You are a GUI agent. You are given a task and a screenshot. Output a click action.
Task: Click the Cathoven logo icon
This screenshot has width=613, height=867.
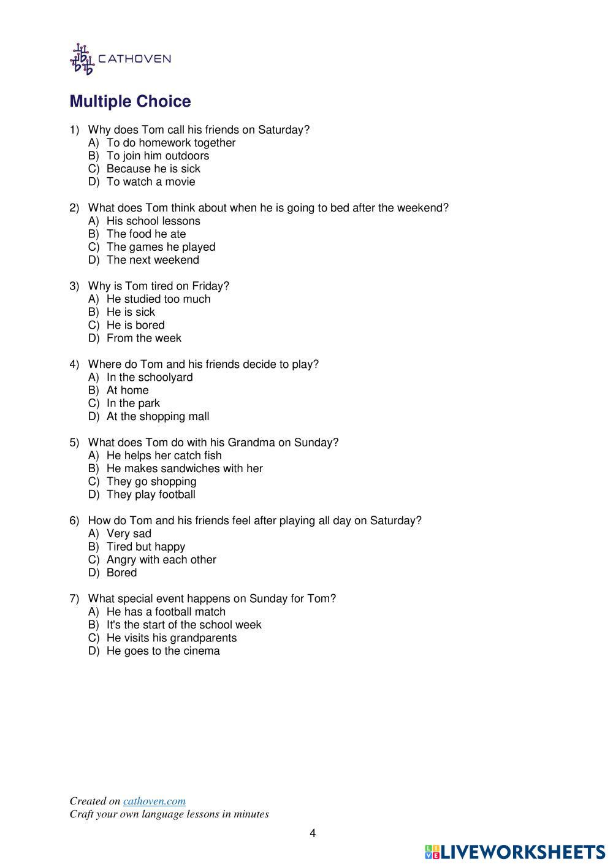82,59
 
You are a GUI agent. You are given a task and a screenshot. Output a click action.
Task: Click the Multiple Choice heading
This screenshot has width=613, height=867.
130,101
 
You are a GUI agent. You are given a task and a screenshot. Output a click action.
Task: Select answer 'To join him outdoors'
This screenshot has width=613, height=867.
158,156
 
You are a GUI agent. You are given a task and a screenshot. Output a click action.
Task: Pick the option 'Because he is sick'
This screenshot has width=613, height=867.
153,169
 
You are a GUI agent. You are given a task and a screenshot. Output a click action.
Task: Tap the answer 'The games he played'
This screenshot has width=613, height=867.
161,247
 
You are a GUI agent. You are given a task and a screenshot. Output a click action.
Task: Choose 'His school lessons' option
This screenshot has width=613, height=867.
153,221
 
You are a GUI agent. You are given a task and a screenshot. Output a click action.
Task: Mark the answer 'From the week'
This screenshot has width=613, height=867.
143,338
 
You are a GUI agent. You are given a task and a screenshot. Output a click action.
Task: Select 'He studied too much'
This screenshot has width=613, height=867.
158,299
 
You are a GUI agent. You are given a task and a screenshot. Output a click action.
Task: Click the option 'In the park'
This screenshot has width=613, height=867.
133,403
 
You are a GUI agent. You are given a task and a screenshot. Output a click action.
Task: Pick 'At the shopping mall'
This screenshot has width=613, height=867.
158,417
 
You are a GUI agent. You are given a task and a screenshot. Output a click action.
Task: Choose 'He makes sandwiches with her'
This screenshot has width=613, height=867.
185,468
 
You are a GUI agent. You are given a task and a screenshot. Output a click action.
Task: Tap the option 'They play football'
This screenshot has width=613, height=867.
151,495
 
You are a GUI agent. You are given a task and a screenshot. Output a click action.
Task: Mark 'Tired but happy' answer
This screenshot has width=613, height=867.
145,547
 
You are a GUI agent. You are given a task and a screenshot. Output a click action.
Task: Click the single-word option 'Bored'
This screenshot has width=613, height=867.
121,573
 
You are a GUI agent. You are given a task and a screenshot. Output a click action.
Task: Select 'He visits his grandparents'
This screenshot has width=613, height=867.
171,638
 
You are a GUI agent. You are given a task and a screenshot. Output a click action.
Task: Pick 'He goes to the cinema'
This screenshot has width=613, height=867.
163,651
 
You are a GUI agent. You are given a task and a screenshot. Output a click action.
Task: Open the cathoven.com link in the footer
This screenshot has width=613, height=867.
154,801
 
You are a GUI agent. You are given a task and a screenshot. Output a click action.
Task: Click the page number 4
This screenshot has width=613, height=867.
313,833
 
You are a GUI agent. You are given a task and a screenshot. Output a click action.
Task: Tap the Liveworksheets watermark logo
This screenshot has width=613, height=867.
515,852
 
